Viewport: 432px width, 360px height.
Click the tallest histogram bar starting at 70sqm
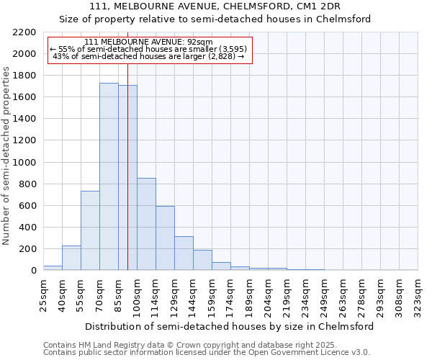click(x=109, y=176)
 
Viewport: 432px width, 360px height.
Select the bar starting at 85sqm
click(x=127, y=178)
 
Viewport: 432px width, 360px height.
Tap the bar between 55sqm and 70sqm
click(x=90, y=230)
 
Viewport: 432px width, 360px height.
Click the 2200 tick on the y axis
click(x=26, y=32)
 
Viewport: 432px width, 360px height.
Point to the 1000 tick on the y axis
click(x=26, y=163)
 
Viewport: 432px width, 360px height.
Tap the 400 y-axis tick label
click(x=29, y=228)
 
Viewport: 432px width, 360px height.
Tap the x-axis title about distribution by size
click(x=229, y=326)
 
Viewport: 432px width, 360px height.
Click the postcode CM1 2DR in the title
click(x=319, y=6)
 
